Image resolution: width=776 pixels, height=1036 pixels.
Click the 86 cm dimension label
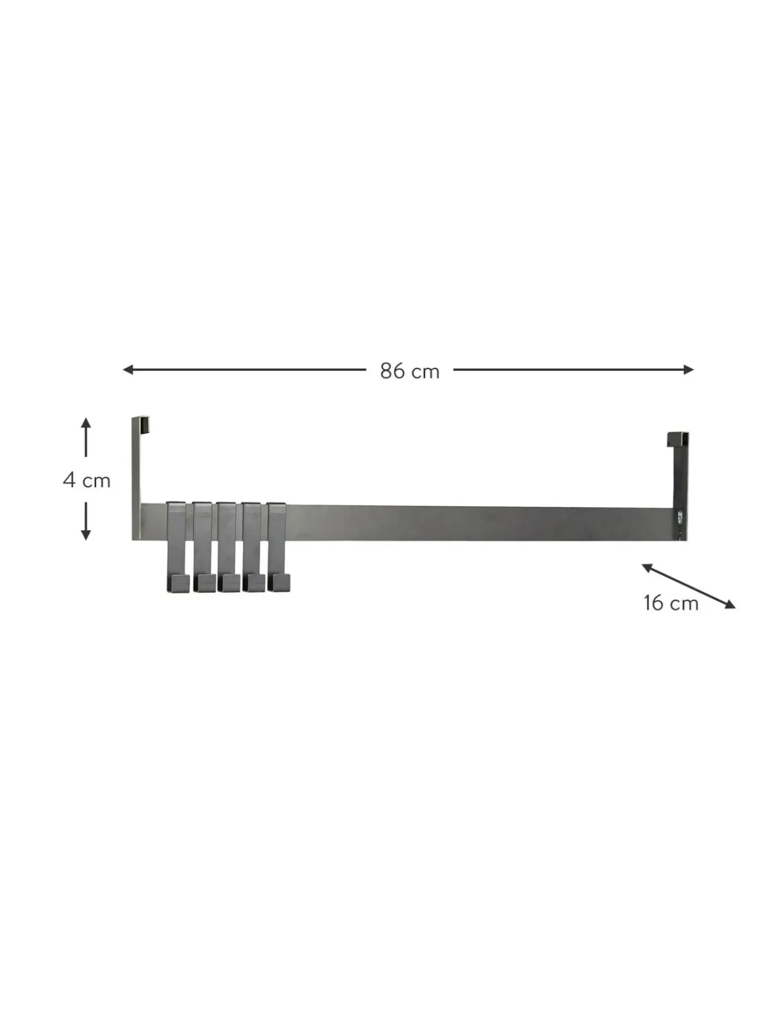pyautogui.click(x=409, y=371)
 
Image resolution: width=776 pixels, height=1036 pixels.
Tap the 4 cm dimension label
pyautogui.click(x=87, y=480)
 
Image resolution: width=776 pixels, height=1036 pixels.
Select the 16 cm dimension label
pyautogui.click(x=671, y=603)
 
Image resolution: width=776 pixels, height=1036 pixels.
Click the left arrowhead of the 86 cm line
pyautogui.click(x=128, y=370)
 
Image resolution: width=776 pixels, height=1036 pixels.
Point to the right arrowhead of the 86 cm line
pyautogui.click(x=688, y=370)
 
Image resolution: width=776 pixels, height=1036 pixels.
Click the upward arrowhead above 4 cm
pyautogui.click(x=86, y=423)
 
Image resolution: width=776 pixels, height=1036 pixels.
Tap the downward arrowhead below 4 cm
pyautogui.click(x=86, y=534)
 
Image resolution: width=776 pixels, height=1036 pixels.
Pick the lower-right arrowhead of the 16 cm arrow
pyautogui.click(x=730, y=604)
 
